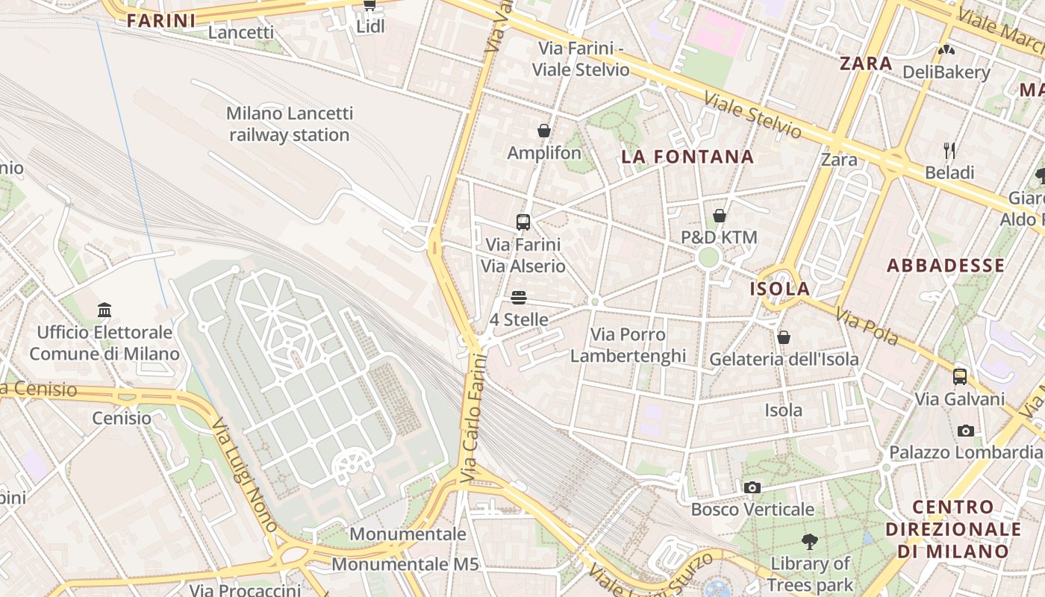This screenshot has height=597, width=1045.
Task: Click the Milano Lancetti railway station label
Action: (289, 124)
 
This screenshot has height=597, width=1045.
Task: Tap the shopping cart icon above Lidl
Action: (369, 4)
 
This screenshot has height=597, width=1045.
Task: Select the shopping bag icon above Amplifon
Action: (544, 131)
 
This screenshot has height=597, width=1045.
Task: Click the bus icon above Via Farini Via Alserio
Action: (523, 222)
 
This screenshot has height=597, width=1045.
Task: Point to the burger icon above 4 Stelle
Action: (519, 298)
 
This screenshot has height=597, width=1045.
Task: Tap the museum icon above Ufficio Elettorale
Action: (104, 310)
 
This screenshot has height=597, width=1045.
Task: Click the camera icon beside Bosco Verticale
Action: (752, 487)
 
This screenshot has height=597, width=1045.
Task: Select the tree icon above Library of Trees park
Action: (809, 541)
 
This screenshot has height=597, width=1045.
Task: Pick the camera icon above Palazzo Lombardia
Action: (965, 431)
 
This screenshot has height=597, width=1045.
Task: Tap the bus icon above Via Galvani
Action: (960, 376)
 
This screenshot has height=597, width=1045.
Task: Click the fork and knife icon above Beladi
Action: (949, 151)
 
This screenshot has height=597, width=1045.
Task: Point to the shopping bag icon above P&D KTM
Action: (720, 216)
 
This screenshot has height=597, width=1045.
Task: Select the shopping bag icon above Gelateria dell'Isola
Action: (784, 337)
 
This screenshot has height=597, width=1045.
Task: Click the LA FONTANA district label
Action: (687, 157)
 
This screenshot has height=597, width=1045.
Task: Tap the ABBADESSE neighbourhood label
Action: (946, 266)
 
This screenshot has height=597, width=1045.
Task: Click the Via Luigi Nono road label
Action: (243, 474)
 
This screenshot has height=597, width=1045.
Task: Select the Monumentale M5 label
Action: (405, 564)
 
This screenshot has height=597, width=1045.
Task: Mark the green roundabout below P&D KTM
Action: (709, 258)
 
